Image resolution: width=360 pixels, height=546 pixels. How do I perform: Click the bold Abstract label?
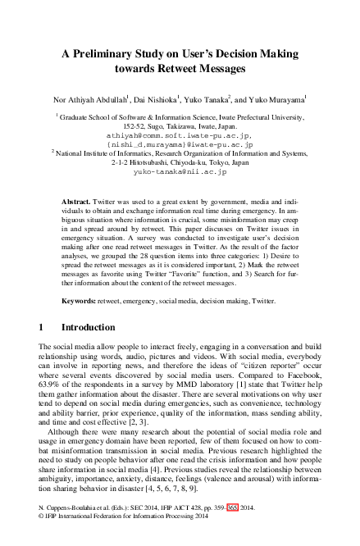[78, 201]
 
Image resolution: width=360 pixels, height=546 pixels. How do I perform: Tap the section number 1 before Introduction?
[42, 348]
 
